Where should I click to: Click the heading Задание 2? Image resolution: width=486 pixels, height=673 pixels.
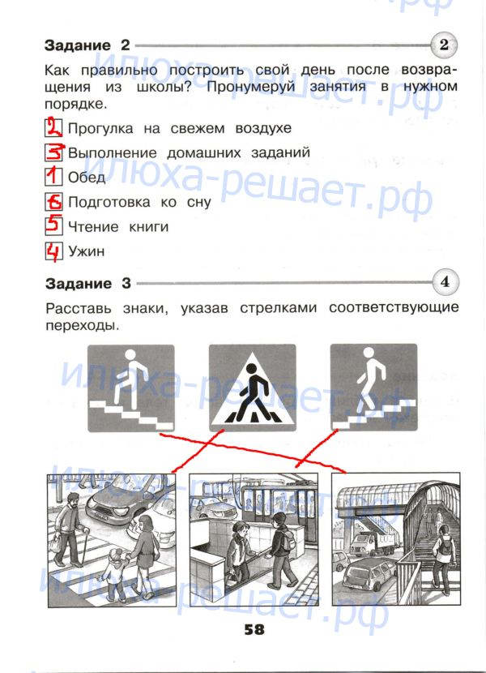tap(87, 45)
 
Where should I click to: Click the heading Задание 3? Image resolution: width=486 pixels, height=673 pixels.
tap(88, 283)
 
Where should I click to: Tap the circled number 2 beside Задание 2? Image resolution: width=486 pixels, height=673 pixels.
tap(444, 45)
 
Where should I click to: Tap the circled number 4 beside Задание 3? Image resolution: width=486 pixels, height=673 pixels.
tap(446, 282)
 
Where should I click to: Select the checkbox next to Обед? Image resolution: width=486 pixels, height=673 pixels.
tap(53, 177)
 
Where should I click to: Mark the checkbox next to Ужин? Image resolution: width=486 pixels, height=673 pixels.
tap(53, 251)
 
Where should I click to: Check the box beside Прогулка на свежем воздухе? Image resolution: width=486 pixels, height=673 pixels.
tap(53, 127)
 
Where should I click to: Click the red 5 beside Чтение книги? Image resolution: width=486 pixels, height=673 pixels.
tap(53, 225)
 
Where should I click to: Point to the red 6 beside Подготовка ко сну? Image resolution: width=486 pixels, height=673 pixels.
tap(54, 201)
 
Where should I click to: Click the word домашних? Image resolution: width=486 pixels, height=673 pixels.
tap(203, 152)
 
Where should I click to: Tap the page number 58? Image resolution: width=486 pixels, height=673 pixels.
tap(254, 629)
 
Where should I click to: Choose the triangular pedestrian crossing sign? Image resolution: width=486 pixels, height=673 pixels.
tap(252, 388)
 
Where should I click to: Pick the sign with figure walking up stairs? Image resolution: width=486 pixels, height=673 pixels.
tap(131, 388)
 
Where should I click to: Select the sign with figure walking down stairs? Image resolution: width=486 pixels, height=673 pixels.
tap(373, 387)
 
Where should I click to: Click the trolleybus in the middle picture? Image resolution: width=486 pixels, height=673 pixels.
tap(274, 508)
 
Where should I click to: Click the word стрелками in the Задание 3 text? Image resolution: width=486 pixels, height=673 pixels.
tap(278, 308)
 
